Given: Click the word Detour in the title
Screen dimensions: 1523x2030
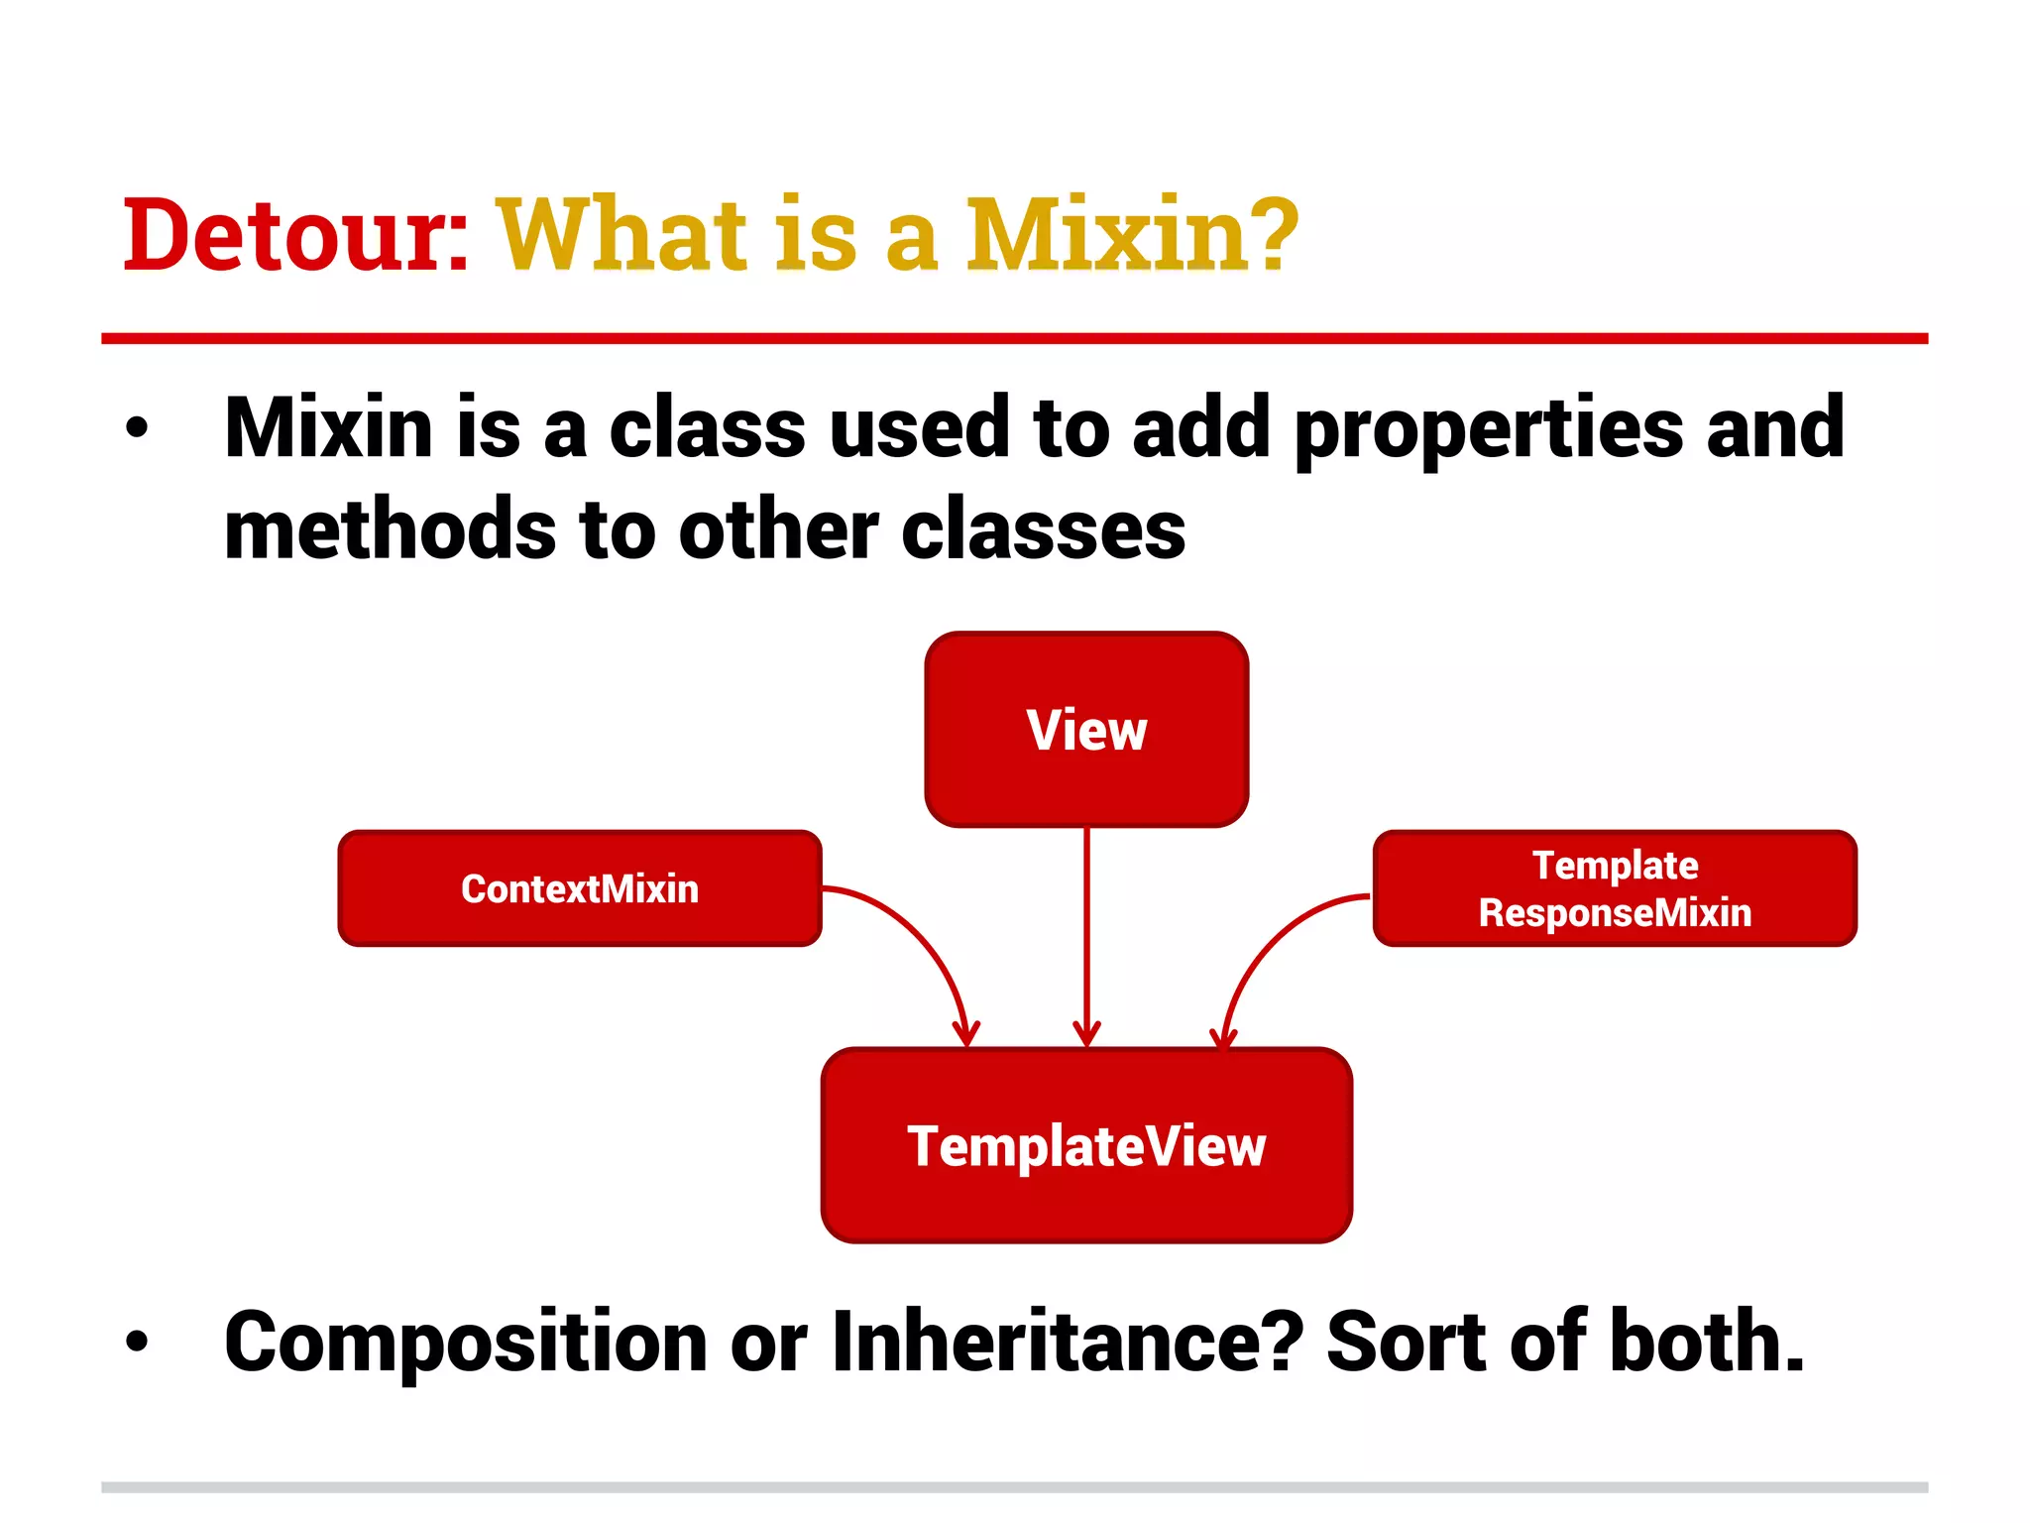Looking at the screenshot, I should tap(287, 236).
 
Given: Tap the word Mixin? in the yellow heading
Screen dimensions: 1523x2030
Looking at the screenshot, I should tap(1131, 236).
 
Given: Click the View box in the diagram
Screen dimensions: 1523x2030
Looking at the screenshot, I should tap(1086, 729).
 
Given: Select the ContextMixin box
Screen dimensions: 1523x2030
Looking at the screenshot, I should tap(580, 888).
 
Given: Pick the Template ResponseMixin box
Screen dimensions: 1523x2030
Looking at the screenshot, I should tap(1615, 888).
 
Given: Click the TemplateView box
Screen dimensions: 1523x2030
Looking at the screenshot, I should tap(1086, 1145).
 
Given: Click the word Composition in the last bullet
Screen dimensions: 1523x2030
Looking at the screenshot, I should tap(466, 1344).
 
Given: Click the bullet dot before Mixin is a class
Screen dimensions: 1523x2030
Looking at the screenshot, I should tap(137, 428).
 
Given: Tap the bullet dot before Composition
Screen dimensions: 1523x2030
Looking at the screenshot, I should tap(137, 1343).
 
